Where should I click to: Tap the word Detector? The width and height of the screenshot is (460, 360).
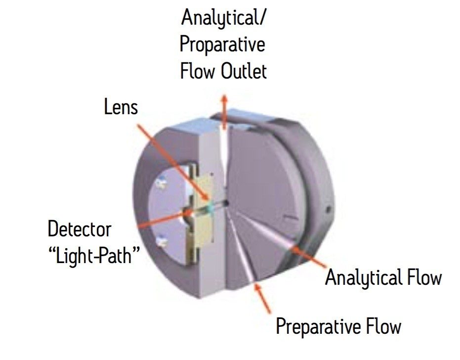coord(80,229)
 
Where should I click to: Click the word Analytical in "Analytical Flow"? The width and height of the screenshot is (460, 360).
coord(363,278)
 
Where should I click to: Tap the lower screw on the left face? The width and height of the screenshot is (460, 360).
coord(160,241)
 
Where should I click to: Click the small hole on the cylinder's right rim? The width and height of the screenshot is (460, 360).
coord(328,209)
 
